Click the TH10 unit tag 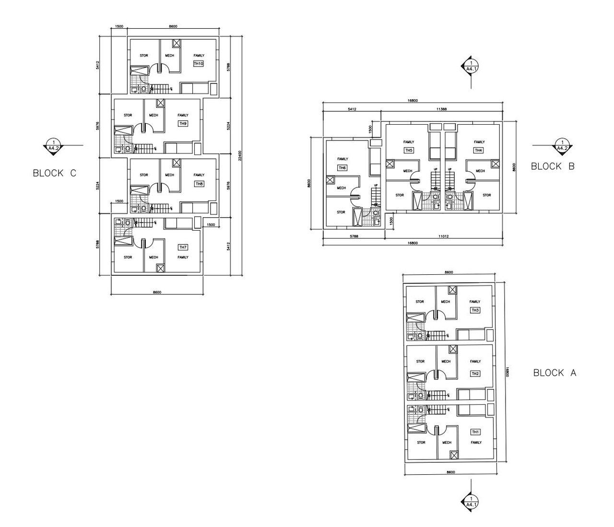point(199,64)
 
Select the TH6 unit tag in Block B point(342,168)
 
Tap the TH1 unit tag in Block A point(475,432)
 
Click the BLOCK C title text point(54,174)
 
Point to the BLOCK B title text point(553,166)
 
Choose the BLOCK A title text point(555,373)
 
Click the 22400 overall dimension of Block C point(240,156)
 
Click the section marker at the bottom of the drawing point(471,501)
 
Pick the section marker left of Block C point(54,145)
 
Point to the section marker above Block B point(471,66)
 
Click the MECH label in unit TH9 point(153,115)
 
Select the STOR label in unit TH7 point(128,258)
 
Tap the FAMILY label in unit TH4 point(479,142)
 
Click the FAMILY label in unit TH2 point(475,362)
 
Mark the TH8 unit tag point(199,184)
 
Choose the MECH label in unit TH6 point(341,188)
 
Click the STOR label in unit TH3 point(420,302)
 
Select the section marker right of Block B point(560,145)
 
